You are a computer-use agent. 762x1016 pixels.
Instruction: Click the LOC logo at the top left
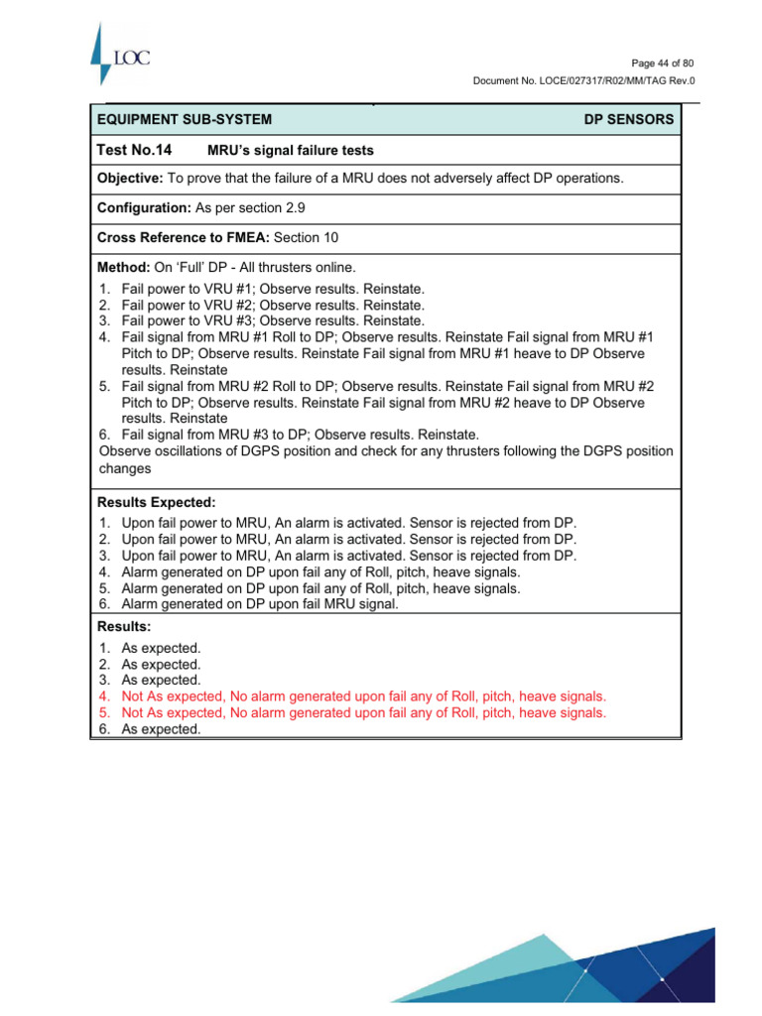coord(119,56)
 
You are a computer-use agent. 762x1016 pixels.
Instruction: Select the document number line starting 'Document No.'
coord(582,80)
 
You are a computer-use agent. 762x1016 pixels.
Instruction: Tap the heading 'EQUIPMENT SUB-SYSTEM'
coord(184,120)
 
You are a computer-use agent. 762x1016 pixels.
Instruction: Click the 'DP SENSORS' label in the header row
coord(628,120)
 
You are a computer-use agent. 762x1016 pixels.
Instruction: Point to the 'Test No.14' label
coord(134,150)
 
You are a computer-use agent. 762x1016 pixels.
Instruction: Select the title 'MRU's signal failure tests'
coord(290,151)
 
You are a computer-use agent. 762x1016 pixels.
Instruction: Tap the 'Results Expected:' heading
coord(156,503)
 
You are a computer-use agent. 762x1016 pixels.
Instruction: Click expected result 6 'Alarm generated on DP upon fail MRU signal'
coord(259,604)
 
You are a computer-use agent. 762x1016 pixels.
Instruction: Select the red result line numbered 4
coord(363,697)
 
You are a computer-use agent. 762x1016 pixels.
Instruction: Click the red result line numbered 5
coord(363,712)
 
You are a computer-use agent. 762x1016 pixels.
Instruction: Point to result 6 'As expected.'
coord(161,729)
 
